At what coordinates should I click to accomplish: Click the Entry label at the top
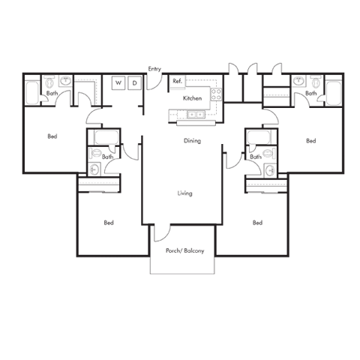[154, 69]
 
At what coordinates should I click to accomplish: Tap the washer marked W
[118, 82]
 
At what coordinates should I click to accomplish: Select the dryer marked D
[134, 82]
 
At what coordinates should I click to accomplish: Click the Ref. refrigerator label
[177, 81]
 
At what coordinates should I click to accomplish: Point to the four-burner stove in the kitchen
[216, 94]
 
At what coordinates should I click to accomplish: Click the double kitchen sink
[196, 115]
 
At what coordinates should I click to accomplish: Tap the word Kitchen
[192, 98]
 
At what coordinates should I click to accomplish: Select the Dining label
[192, 141]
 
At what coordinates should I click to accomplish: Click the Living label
[184, 193]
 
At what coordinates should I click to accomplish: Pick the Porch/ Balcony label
[184, 250]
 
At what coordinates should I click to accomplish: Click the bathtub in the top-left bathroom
[32, 92]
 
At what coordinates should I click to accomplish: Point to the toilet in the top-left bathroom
[49, 82]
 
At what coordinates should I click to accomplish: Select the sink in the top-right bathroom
[298, 81]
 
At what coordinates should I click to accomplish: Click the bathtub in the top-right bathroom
[334, 93]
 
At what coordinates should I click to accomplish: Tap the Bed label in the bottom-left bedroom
[109, 223]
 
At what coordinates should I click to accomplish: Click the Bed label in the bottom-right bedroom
[257, 223]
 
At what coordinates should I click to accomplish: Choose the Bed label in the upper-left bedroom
[52, 136]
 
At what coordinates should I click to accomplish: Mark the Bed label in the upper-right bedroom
[311, 141]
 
